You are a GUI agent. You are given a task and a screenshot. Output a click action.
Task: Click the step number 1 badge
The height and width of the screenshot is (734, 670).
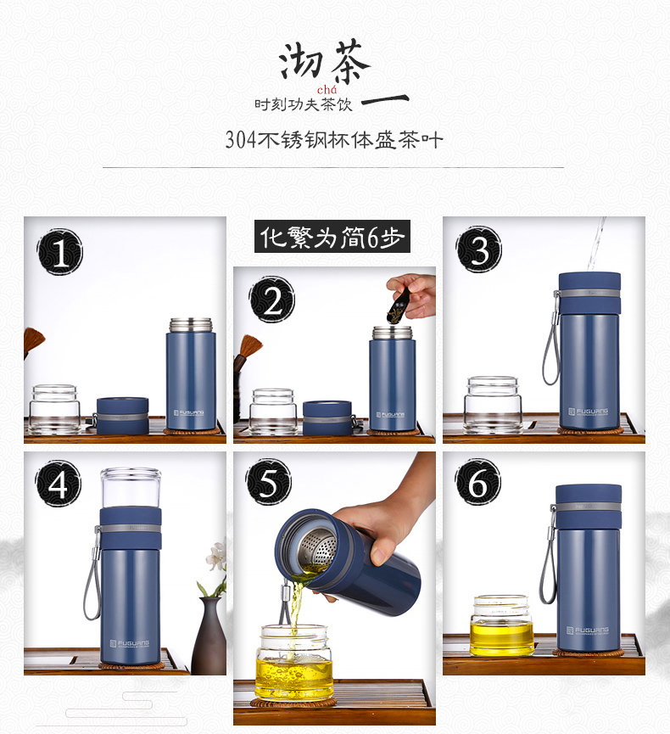point(60,252)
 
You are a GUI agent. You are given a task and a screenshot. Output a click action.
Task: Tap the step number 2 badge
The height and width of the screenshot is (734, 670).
point(272,300)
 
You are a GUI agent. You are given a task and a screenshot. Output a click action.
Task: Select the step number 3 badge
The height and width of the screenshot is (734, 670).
point(479,249)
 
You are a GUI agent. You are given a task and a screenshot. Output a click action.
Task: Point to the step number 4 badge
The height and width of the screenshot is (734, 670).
point(58,483)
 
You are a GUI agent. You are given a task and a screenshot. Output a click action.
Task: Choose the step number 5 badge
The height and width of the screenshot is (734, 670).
point(269,482)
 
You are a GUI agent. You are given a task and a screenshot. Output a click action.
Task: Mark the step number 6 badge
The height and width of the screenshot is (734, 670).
point(477,482)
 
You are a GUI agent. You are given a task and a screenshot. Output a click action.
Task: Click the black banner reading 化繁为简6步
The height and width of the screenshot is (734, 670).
point(332,237)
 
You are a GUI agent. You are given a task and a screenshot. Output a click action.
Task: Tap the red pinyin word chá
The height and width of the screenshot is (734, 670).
point(327,89)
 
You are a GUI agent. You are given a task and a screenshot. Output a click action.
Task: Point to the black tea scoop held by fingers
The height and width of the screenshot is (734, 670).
point(399,306)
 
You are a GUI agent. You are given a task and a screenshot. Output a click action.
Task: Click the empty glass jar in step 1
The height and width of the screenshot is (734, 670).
point(54,409)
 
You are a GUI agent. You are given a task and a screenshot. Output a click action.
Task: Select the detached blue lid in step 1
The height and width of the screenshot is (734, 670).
point(123,415)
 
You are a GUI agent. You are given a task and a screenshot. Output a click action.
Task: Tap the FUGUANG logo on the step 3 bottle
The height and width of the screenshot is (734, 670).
point(589,412)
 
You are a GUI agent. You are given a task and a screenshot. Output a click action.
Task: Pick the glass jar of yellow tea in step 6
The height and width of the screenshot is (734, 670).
point(502,625)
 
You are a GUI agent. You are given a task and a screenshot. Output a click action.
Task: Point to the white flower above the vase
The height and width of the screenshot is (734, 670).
point(216,556)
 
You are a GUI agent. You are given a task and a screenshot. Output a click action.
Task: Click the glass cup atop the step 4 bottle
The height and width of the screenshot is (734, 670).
point(131,488)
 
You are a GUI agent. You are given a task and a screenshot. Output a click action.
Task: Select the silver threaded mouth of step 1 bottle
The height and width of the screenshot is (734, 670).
point(191,325)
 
